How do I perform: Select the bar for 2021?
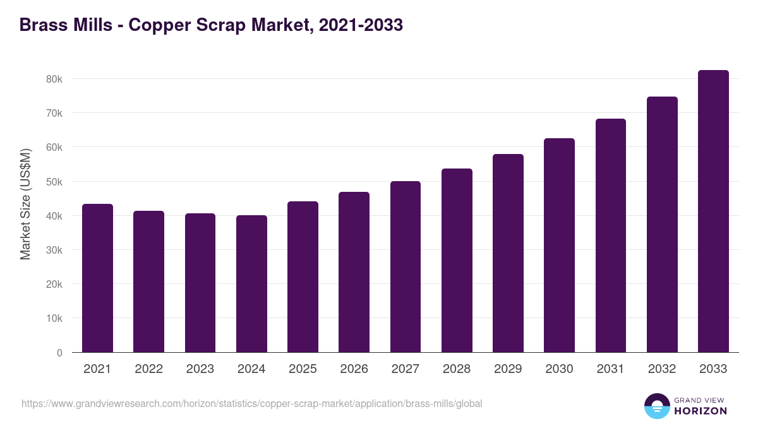click(x=98, y=278)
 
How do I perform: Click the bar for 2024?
click(x=251, y=284)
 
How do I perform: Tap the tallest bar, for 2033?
click(x=713, y=211)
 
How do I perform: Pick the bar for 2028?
click(x=457, y=261)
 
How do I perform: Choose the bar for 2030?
click(x=559, y=246)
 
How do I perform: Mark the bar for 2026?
click(x=354, y=272)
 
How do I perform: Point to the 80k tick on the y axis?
click(x=54, y=79)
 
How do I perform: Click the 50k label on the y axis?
click(x=54, y=182)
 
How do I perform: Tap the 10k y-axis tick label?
click(x=54, y=319)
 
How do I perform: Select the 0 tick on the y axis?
click(x=59, y=353)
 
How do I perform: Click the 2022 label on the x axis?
click(x=149, y=369)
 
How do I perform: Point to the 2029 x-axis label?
click(x=508, y=369)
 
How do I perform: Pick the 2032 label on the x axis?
click(x=662, y=369)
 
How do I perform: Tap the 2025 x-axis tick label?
click(x=303, y=369)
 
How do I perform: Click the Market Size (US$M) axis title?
click(x=25, y=204)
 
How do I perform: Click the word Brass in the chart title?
click(x=42, y=25)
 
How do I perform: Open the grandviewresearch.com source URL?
click(x=252, y=403)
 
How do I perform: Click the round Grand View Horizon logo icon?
click(x=656, y=406)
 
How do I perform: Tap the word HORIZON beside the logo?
click(x=701, y=411)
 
